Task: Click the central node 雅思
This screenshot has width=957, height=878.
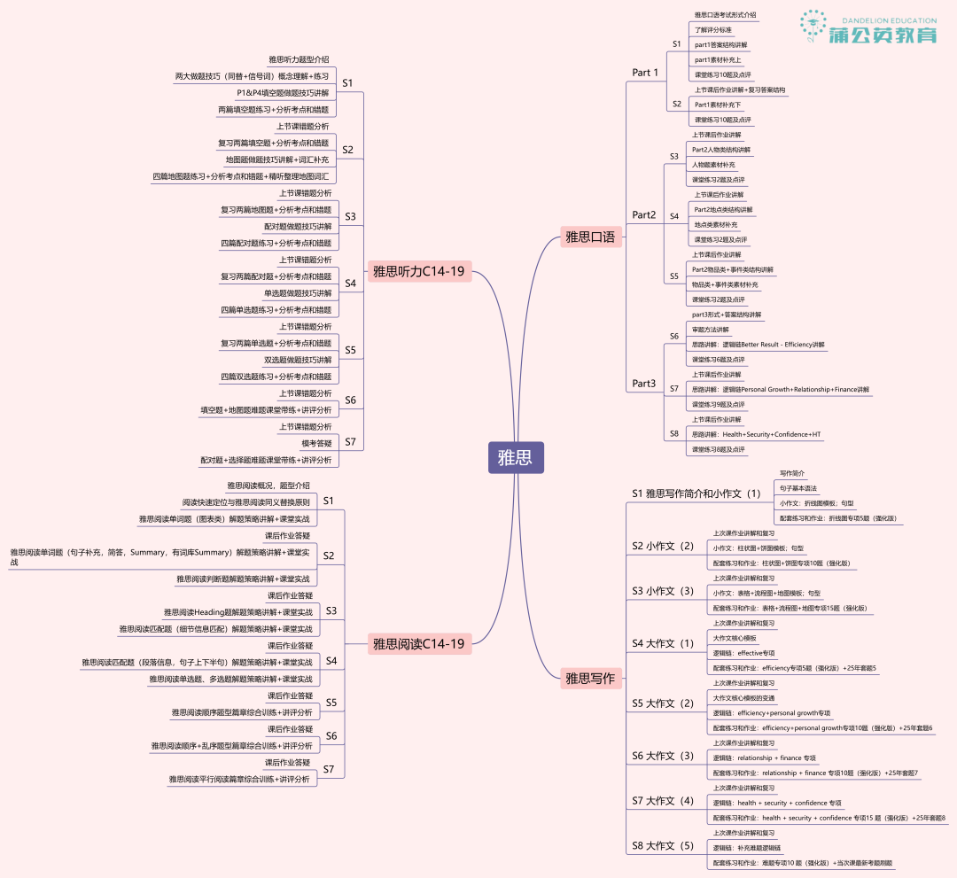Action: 515,458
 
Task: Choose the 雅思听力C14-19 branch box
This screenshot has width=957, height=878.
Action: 418,271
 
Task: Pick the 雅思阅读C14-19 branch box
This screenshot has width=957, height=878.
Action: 418,644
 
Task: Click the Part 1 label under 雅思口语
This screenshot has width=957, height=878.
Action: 645,73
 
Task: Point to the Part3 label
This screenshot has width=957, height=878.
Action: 644,384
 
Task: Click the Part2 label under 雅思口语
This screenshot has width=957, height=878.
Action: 644,215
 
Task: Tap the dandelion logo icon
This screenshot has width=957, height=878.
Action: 813,27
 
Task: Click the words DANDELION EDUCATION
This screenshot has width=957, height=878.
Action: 883,18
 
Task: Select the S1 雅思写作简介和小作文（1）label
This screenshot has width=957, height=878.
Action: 696,493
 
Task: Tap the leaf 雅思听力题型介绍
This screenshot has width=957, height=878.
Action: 299,59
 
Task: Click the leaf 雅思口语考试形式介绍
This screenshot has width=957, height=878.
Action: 725,15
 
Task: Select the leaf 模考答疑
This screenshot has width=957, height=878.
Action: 317,443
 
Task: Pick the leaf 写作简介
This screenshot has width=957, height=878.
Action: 792,474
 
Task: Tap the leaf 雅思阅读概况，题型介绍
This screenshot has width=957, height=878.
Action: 268,486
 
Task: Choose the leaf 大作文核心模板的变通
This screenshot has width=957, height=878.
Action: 744,698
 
